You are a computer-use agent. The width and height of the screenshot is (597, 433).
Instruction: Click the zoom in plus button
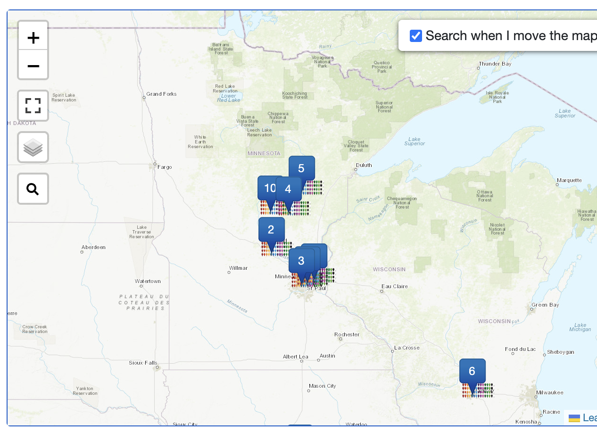point(33,37)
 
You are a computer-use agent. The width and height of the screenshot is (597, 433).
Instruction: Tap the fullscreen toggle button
point(33,106)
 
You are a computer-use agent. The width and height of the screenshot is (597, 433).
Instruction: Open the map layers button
point(33,147)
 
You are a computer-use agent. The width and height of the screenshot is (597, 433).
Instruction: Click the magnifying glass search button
point(33,189)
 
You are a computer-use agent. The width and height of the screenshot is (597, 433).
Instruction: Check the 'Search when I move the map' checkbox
point(415,36)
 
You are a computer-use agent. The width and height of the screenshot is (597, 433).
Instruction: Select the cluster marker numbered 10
point(269,188)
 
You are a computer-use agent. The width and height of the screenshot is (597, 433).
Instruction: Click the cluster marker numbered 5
point(301,168)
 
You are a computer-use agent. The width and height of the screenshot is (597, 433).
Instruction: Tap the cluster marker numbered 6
point(472,371)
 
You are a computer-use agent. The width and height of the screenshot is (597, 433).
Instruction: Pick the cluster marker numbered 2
point(271,230)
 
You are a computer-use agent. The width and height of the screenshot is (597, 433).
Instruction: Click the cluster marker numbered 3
point(301,261)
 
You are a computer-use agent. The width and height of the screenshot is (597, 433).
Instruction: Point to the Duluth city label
point(364,165)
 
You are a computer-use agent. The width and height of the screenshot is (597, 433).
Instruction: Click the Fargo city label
point(165,167)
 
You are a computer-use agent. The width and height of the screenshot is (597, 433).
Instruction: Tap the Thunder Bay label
point(495,64)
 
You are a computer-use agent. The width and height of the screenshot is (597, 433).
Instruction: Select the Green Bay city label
point(545,305)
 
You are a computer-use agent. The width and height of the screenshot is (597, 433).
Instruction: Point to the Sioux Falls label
point(143,363)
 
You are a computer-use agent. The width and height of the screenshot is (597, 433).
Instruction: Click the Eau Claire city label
point(395,286)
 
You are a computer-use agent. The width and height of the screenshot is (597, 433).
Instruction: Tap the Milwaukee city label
point(549,392)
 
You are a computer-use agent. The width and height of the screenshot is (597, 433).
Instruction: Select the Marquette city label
point(569,180)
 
